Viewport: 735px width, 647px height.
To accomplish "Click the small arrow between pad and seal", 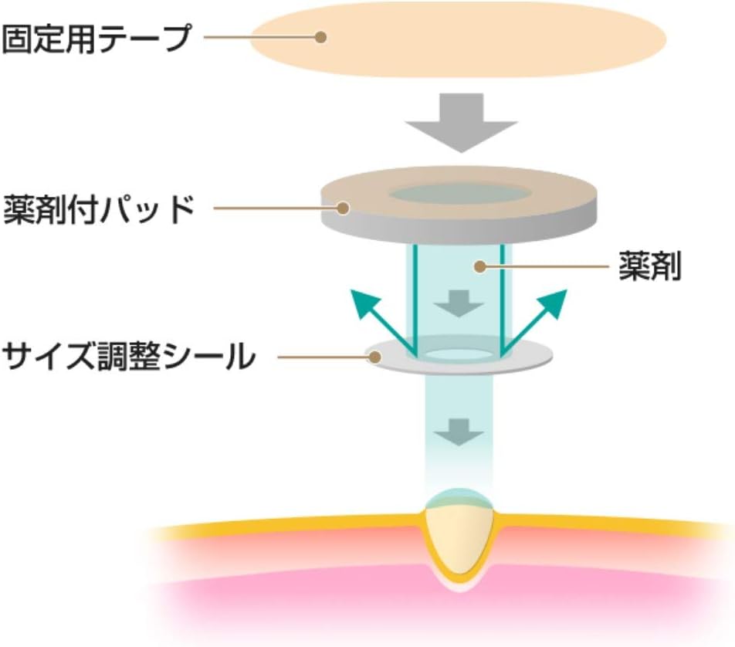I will pyautogui.click(x=459, y=303).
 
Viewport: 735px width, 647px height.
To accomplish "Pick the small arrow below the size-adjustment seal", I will pyautogui.click(x=459, y=432).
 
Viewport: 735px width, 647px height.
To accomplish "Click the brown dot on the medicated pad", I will pyautogui.click(x=340, y=207).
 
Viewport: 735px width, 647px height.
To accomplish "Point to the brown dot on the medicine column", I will pyautogui.click(x=479, y=267).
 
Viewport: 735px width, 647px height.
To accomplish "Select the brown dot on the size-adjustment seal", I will pyautogui.click(x=375, y=357).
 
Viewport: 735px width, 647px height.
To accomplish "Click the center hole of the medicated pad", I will pyautogui.click(x=459, y=194).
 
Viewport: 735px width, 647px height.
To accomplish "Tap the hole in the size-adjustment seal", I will pyautogui.click(x=459, y=354).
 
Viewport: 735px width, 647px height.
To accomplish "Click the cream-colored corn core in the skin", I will pyautogui.click(x=459, y=537).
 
